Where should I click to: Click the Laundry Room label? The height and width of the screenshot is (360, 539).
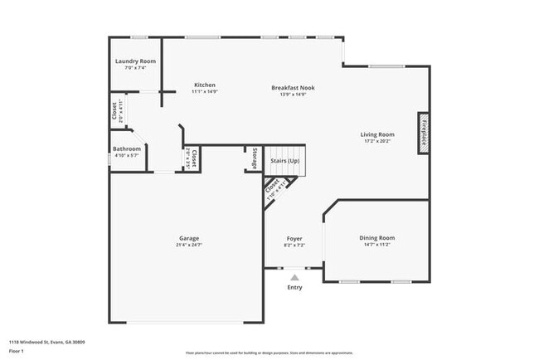pyautogui.click(x=135, y=61)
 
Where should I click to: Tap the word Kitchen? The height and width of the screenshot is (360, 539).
pyautogui.click(x=205, y=85)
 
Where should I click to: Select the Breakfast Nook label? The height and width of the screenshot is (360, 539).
pyautogui.click(x=294, y=87)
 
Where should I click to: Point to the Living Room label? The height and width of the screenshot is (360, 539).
pyautogui.click(x=377, y=134)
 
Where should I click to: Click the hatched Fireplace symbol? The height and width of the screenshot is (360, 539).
pyautogui.click(x=423, y=132)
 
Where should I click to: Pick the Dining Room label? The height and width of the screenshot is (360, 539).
pyautogui.click(x=376, y=238)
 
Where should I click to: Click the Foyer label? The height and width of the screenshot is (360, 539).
pyautogui.click(x=295, y=239)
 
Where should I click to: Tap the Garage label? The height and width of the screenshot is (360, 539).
pyautogui.click(x=189, y=238)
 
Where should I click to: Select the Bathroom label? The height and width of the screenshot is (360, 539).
pyautogui.click(x=128, y=148)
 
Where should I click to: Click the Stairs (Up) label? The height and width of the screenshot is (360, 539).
pyautogui.click(x=284, y=159)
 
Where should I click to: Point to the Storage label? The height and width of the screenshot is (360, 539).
pyautogui.click(x=255, y=158)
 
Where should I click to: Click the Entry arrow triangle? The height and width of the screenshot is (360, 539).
pyautogui.click(x=294, y=277)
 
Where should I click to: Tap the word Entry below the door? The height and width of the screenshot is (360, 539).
pyautogui.click(x=294, y=288)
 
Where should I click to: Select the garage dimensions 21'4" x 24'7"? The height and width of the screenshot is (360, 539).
pyautogui.click(x=189, y=246)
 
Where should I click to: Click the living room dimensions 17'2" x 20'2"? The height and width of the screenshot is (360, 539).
pyautogui.click(x=377, y=142)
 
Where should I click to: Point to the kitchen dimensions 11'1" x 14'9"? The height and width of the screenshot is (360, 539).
pyautogui.click(x=205, y=92)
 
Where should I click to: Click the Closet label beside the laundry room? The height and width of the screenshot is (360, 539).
pyautogui.click(x=114, y=111)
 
